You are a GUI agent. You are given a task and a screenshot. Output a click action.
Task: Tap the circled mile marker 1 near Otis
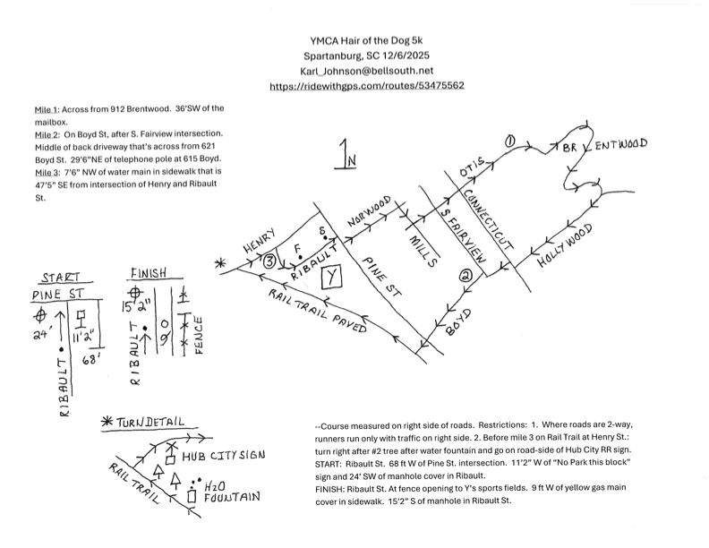[x=510, y=141]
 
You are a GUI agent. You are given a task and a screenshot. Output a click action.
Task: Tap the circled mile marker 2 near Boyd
[x=465, y=277]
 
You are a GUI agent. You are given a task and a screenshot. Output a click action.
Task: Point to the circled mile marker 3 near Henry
[x=269, y=261]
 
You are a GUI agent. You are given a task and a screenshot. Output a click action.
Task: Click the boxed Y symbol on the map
[x=332, y=276]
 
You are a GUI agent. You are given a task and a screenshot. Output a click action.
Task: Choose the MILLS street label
[x=421, y=249]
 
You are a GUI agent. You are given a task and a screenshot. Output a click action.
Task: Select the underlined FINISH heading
[x=155, y=273]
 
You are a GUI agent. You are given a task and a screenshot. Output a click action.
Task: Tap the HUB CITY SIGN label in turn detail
[x=223, y=456]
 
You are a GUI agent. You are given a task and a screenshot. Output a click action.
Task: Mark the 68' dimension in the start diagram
[x=89, y=361]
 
